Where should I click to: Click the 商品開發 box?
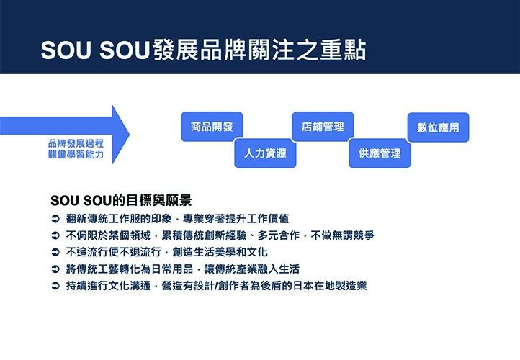[212, 127]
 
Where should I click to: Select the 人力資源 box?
[265, 153]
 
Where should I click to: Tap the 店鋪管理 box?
[323, 127]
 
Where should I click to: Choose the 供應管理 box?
[380, 153]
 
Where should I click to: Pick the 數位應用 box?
[438, 127]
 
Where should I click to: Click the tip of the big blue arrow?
[130, 135]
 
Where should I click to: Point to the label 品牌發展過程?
[76, 143]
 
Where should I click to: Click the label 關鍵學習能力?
[76, 155]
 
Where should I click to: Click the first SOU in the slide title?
[66, 50]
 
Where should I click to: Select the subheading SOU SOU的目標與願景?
[121, 201]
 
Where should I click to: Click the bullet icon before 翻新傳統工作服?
[55, 219]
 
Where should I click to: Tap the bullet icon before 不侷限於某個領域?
[55, 235]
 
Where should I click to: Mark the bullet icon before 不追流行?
[55, 252]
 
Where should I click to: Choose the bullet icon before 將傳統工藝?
[55, 269]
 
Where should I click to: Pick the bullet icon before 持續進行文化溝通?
[55, 286]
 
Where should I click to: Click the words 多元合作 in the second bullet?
[279, 235]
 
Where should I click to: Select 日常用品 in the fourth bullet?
[172, 269]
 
